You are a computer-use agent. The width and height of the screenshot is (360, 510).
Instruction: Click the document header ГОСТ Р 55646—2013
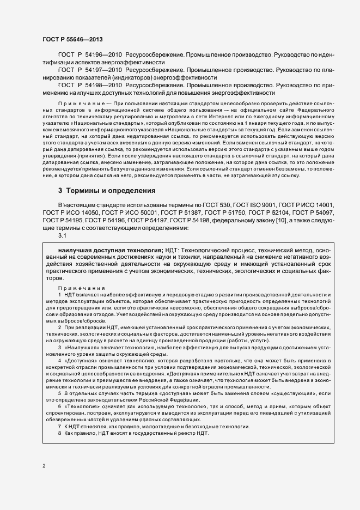coord(72,40)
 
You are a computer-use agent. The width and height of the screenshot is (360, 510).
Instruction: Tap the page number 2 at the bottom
coord(44,465)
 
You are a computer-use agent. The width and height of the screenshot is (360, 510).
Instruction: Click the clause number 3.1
coord(62,235)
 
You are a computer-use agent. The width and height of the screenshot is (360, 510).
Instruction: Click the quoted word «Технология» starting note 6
coord(83,407)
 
